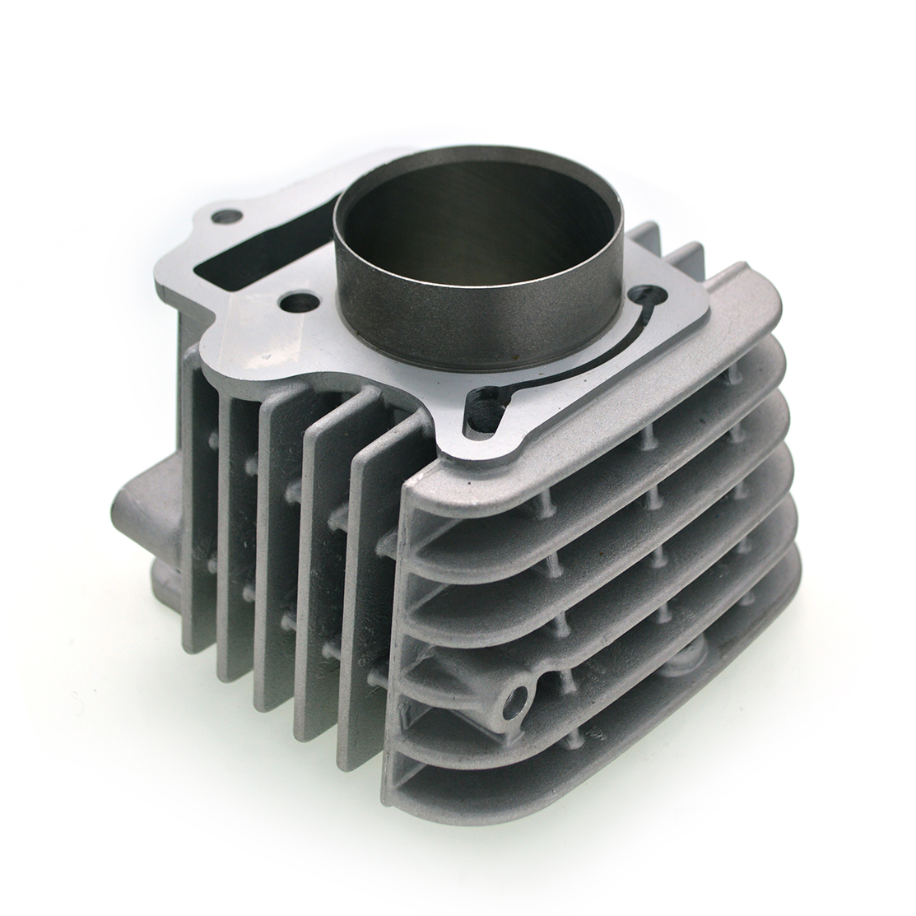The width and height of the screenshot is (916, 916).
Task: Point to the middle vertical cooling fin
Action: (280, 560)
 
